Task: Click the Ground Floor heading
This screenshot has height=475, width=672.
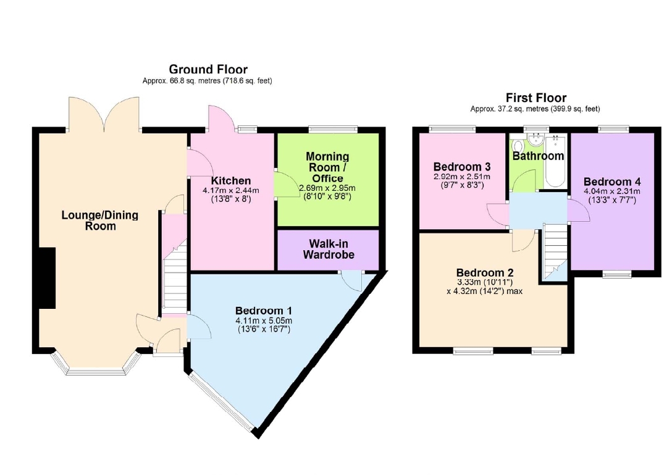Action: click(208, 69)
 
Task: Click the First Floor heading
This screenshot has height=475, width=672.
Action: click(535, 98)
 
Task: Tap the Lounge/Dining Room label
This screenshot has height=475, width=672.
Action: click(100, 221)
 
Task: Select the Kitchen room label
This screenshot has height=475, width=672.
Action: click(230, 181)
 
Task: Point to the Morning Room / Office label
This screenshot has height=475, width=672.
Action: click(327, 167)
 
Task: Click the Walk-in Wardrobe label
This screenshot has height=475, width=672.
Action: click(329, 249)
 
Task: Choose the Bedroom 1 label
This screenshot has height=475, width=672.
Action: click(264, 310)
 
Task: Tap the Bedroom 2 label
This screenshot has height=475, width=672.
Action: click(485, 272)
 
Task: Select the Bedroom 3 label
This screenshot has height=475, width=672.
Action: click(462, 166)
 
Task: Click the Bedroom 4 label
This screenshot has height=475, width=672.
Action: click(612, 182)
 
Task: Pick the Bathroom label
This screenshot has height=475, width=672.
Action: click(539, 156)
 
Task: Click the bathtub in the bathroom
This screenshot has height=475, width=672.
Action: click(555, 161)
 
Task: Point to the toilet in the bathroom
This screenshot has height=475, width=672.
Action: click(518, 144)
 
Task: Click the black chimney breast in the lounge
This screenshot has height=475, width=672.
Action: click(47, 278)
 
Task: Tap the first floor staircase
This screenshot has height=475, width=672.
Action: click(555, 252)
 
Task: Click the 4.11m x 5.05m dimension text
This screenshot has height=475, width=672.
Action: click(264, 321)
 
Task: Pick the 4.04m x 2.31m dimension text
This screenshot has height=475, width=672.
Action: click(612, 191)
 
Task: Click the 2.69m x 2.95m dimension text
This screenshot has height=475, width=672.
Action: click(327, 188)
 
